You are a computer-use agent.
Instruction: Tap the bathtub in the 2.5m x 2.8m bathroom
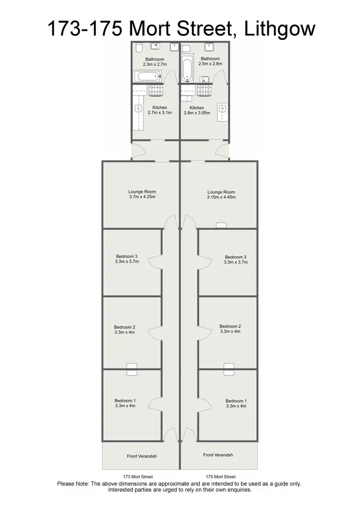(186, 69)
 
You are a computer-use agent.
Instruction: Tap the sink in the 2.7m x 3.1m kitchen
(138, 109)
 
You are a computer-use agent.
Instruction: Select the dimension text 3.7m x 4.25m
(142, 196)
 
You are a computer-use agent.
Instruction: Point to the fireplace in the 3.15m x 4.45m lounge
(221, 225)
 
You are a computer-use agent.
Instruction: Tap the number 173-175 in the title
(84, 28)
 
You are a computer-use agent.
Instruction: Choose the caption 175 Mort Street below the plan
(220, 477)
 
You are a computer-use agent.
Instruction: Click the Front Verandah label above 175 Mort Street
(218, 455)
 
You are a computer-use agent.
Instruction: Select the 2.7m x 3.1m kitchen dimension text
(160, 113)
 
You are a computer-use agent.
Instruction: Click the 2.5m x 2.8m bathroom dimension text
(210, 63)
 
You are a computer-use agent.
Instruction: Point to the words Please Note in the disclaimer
(73, 484)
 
